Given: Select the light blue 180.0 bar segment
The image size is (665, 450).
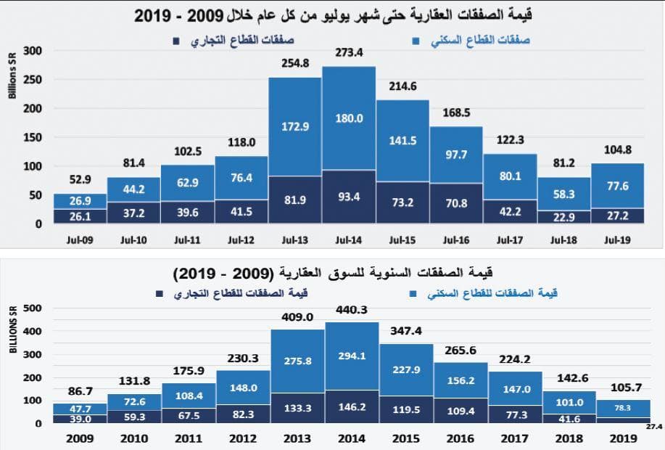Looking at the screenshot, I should click(349, 118).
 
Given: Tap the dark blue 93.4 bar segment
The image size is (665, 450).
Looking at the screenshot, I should click(349, 197).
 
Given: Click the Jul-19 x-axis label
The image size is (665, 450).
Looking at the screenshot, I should click(617, 240).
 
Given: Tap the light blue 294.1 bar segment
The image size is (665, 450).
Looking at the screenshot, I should click(352, 356).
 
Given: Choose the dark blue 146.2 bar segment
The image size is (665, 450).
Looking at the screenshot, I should click(352, 408).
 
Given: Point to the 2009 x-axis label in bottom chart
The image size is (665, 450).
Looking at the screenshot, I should click(80, 438).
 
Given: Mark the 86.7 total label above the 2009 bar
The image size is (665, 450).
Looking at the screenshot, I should click(80, 390).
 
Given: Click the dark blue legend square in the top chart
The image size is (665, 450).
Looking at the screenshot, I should click(175, 41).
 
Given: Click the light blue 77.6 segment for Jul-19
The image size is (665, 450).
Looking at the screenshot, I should click(617, 187).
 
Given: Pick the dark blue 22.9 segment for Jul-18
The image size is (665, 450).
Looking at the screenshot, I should click(564, 216).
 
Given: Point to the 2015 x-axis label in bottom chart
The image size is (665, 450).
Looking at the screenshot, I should click(405, 438).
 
